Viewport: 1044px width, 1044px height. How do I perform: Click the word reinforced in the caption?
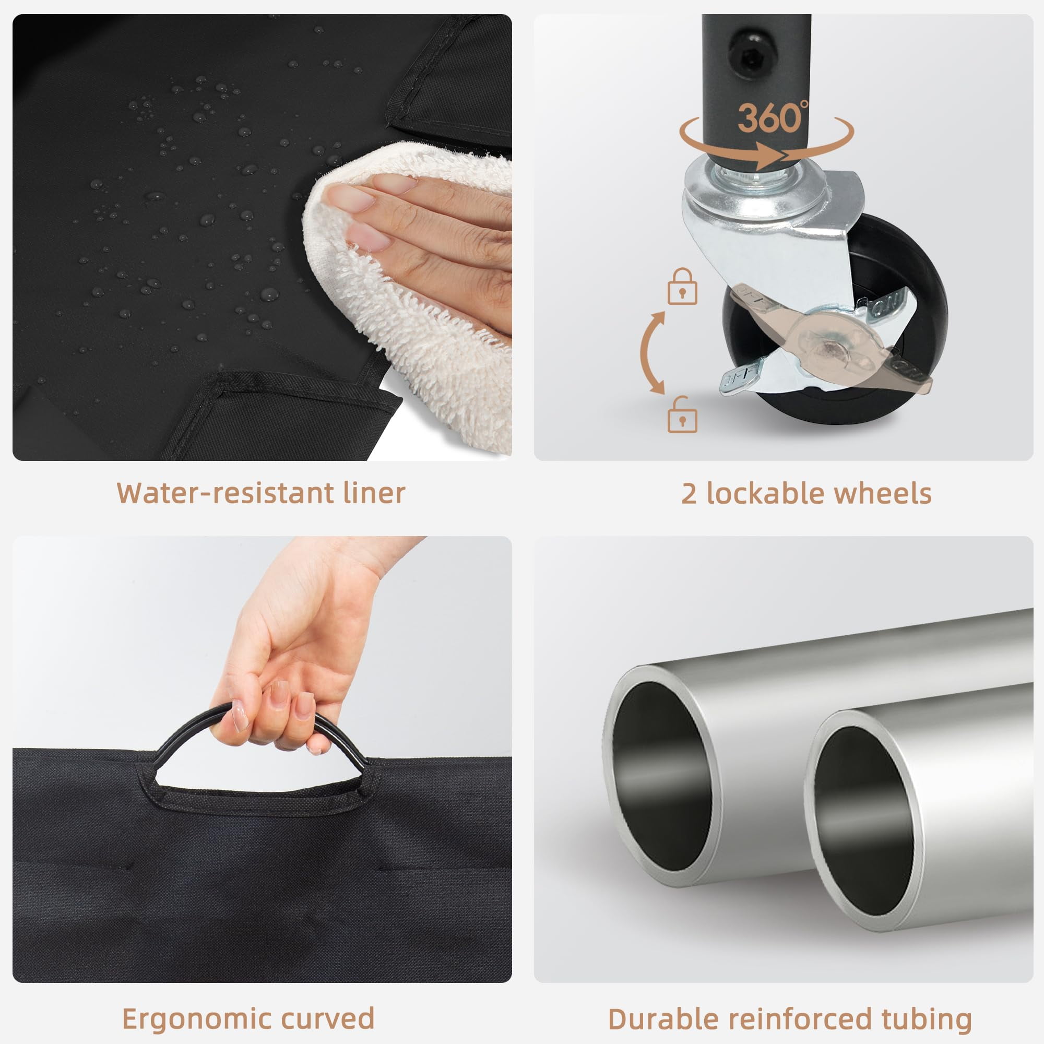[x=798, y=1019]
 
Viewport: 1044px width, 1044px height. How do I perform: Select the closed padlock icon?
[x=682, y=286]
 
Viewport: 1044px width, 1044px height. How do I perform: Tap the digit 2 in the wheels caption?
[x=689, y=494]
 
